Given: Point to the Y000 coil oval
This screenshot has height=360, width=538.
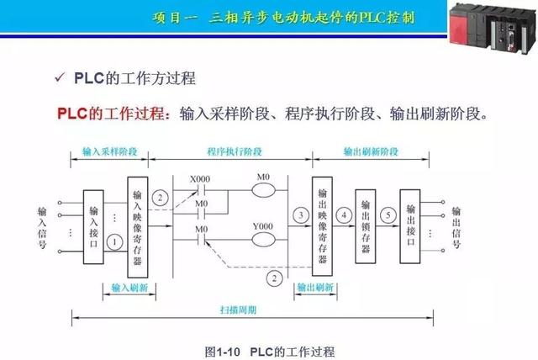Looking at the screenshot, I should click(x=263, y=239).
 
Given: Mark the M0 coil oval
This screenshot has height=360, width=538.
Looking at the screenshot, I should click(x=263, y=189).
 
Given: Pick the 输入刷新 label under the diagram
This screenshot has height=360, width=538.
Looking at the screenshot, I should click(x=129, y=287).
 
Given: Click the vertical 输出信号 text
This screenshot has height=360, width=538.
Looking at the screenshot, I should click(x=456, y=227).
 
